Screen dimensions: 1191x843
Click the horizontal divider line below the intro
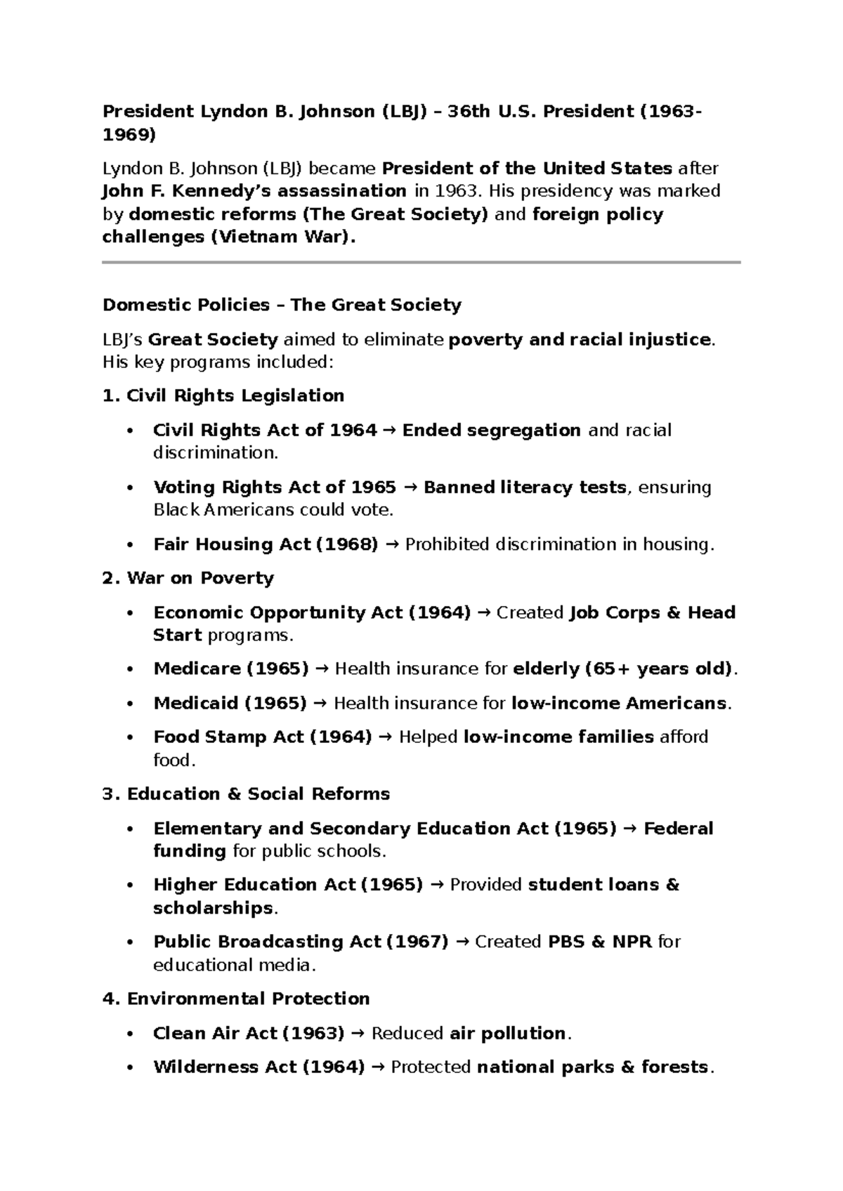pos(421,263)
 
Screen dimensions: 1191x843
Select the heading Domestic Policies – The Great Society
pos(282,305)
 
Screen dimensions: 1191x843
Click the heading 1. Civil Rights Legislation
pos(223,396)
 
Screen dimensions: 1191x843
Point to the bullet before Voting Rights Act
pos(129,488)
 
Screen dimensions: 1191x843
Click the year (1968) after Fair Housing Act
pos(348,545)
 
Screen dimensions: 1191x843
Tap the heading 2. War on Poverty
pos(188,579)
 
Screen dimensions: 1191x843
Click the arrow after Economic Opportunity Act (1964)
pos(483,614)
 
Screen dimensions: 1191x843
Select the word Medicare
pos(197,669)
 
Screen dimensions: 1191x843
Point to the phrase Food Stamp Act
pos(228,737)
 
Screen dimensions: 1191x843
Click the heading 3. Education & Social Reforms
pos(246,794)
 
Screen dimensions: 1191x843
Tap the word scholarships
pos(213,908)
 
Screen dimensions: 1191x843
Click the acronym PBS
pos(566,942)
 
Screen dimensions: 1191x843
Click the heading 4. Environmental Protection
pos(236,999)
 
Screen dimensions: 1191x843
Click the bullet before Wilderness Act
pos(129,1068)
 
